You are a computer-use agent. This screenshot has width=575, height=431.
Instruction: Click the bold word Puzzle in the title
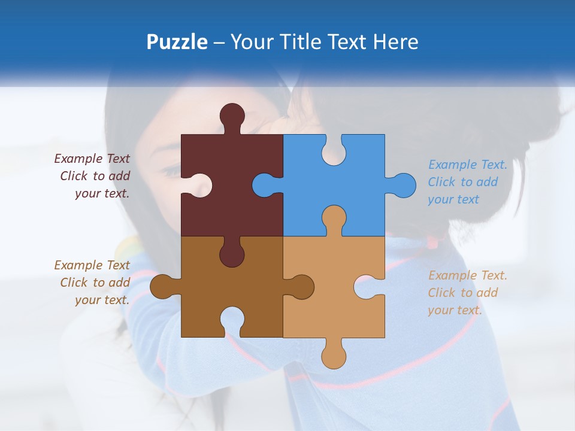coord(177,42)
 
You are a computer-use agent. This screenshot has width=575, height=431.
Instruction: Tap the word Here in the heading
coord(395,42)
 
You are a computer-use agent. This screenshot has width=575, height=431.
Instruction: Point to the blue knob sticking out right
coord(402,185)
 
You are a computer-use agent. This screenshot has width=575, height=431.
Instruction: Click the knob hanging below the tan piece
coord(334,356)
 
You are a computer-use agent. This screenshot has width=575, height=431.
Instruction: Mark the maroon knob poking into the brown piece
coord(232,254)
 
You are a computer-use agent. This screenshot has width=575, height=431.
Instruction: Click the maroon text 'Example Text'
coord(92,159)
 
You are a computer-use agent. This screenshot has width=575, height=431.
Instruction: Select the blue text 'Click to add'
coord(463,182)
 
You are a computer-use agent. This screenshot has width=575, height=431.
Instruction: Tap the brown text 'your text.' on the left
coord(102,300)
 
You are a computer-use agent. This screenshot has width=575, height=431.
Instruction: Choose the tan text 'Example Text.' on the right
coord(468,275)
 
